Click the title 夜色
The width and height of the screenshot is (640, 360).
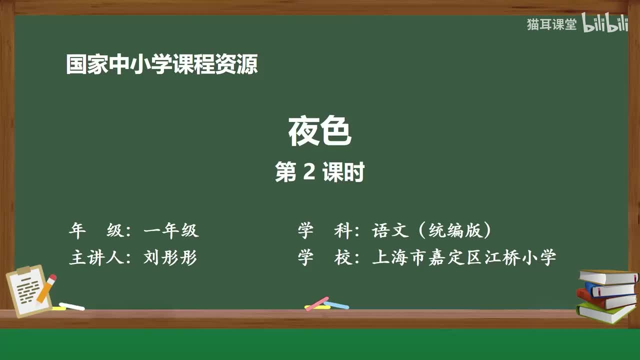320,131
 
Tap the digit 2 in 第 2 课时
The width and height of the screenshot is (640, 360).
309,171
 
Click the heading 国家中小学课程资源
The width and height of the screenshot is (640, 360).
162,64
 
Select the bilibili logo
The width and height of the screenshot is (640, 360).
604,23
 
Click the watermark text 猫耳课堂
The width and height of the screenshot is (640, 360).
551,24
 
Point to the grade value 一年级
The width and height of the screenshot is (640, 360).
171,230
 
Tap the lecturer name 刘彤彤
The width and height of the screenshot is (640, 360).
170,257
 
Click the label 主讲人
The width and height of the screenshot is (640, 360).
96,257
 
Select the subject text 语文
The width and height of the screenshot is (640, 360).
390,230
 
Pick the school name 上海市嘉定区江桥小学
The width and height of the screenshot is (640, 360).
464,257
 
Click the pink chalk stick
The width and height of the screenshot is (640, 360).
317,303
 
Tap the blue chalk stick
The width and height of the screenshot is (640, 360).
336,305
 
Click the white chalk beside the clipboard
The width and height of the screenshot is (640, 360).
71,306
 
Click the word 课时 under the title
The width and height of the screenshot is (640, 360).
343,171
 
